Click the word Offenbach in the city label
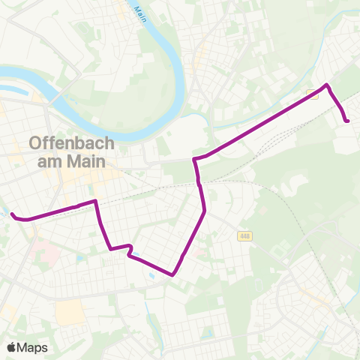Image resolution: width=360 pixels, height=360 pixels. tap(70, 142)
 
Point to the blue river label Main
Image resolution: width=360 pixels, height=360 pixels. tap(139, 13)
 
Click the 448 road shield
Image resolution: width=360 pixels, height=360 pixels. tap(245, 237)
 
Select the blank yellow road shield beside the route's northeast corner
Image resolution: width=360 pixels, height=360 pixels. tap(312, 94)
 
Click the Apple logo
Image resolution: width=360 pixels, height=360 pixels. tap(11, 347)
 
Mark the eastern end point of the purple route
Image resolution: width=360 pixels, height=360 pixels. tap(348, 121)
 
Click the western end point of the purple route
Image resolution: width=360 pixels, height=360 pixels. tap(12, 215)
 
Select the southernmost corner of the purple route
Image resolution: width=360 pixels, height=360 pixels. tap(173, 274)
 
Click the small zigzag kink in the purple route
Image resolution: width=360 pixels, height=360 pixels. tap(130, 250)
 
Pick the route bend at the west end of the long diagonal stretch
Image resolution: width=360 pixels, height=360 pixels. tap(196, 160)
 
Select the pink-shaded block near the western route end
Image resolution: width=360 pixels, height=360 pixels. tap(46, 253)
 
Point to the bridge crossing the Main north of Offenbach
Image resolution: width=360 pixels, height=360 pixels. tap(50, 105)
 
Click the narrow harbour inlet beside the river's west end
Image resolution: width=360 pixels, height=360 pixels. tap(19, 93)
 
